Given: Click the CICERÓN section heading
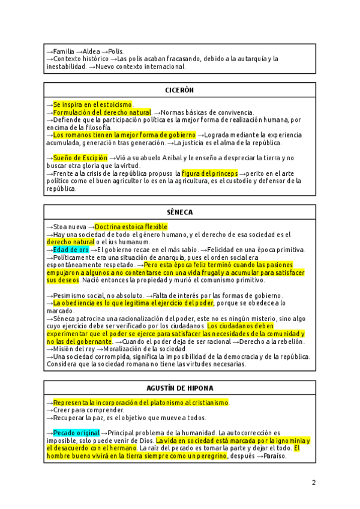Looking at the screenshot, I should [179, 90].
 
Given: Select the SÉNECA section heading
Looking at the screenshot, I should [179, 212].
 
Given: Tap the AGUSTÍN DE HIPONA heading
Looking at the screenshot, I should [179, 388].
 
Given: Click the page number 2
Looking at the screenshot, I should [313, 483].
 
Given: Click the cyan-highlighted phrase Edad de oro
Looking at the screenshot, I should [71, 250].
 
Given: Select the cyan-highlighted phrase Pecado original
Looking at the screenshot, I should [76, 433].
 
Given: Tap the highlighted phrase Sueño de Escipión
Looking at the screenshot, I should [80, 157].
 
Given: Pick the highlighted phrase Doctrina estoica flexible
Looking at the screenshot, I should [131, 227].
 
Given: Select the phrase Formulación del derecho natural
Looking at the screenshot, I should [102, 113].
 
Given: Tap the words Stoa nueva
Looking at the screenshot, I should [70, 227].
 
